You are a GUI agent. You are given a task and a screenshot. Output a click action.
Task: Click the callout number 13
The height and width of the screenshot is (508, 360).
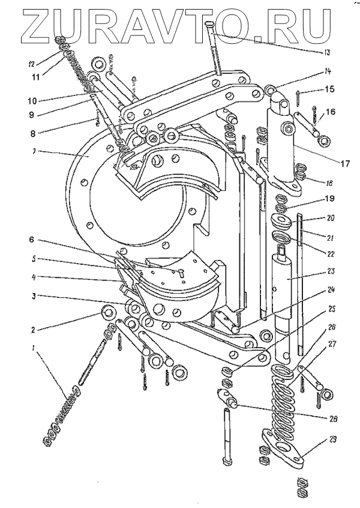click(326, 52)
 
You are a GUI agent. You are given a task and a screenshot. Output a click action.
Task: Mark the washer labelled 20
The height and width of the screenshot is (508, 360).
click(283, 219)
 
